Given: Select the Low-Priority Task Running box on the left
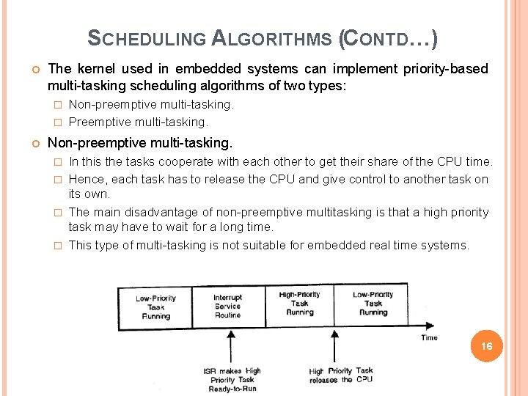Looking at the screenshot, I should (x=155, y=307).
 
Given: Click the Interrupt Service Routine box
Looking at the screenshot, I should (x=227, y=307).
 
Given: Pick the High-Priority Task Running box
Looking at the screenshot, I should (x=299, y=304).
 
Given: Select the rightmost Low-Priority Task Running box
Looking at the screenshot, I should (x=373, y=304).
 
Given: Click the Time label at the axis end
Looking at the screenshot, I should (x=430, y=337).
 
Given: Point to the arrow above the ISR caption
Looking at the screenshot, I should (x=232, y=345).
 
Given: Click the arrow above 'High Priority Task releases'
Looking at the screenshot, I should (x=334, y=345).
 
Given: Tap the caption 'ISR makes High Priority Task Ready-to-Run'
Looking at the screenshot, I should (x=232, y=379).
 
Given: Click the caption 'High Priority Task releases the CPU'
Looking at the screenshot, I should (x=340, y=375).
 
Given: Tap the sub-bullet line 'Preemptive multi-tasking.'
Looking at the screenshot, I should (x=138, y=122).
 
